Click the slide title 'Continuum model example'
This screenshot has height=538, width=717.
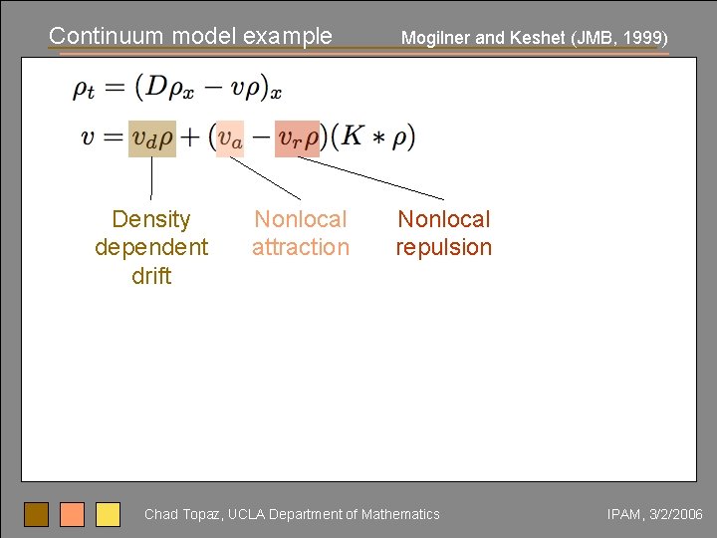tap(190, 36)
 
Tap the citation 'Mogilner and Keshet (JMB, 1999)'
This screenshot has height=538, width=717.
tap(534, 38)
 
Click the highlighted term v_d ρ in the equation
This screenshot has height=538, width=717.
tap(152, 138)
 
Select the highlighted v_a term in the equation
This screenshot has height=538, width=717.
tap(230, 138)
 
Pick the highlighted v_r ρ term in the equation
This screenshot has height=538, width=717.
tap(298, 138)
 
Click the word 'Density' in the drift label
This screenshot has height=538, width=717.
tap(151, 219)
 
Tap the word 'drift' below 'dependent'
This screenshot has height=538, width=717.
tap(151, 276)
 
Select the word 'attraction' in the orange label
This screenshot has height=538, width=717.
tap(301, 247)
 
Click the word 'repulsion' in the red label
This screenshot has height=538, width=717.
tap(444, 247)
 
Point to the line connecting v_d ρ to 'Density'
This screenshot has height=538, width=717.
tap(151, 178)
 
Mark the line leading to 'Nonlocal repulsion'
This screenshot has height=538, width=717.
tap(370, 178)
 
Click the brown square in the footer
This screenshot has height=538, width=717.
tap(36, 514)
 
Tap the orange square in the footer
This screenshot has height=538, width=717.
tap(72, 514)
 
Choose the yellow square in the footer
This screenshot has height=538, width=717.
tap(108, 514)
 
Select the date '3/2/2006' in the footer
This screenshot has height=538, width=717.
tap(675, 514)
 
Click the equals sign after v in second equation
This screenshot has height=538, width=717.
tap(112, 138)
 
